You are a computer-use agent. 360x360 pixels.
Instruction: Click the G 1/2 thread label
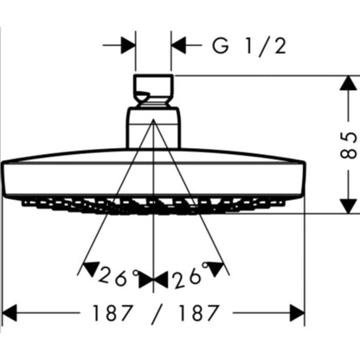coord(249,46)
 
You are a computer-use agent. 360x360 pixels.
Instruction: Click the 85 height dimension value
coord(349,145)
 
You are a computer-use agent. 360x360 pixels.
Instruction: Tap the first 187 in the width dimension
coord(112,313)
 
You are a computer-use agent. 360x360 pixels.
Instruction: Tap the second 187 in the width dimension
coord(199,313)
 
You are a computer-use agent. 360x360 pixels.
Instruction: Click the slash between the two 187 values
coord(156,314)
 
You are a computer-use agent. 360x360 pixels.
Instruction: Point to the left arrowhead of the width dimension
coord(10,312)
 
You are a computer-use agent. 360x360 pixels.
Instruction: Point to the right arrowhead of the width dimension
coord(297,312)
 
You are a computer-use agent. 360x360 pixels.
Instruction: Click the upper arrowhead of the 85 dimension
coord(348,84)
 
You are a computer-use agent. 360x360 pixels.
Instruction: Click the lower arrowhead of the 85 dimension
coord(348,206)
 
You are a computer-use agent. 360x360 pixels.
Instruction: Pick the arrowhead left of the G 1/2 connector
coord(128,45)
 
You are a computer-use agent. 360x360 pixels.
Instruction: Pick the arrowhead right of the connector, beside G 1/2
coord(178,45)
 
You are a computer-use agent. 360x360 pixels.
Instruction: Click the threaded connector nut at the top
coord(153,91)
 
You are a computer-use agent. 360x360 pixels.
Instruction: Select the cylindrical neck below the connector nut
coord(153,128)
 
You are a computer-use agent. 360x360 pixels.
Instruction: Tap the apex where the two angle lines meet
coord(153,119)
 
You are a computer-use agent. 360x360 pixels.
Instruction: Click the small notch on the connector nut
coord(143,95)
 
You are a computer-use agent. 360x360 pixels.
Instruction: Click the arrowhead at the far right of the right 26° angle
coord(216,269)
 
